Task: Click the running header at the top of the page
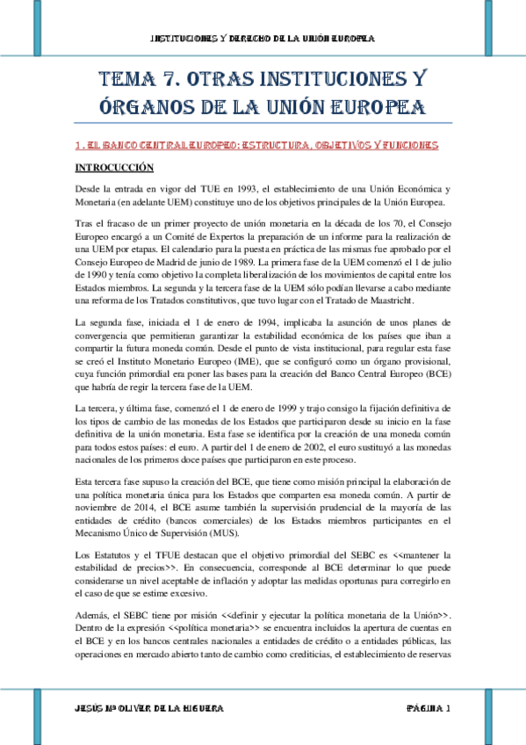tap(263, 39)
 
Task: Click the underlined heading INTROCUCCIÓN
tap(114, 167)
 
